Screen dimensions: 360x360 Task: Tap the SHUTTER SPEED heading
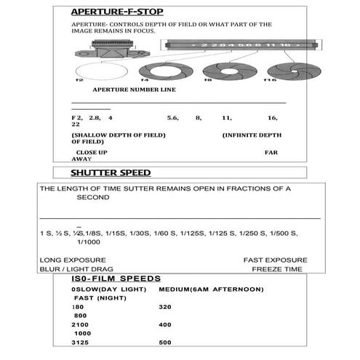110,173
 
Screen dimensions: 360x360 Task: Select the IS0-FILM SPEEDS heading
116,279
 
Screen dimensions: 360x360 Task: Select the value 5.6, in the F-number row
172,117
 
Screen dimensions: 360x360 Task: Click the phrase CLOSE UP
92,152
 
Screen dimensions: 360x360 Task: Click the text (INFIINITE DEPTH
251,135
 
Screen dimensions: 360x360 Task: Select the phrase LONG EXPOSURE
73,260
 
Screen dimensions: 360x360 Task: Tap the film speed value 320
164,307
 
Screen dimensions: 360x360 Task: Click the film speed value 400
164,324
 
